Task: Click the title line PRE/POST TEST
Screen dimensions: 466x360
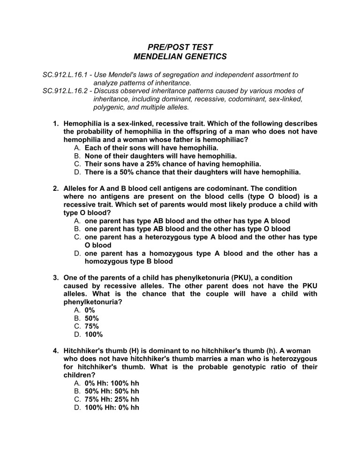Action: click(180, 47)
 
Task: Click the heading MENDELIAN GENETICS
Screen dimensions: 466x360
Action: click(180, 57)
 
